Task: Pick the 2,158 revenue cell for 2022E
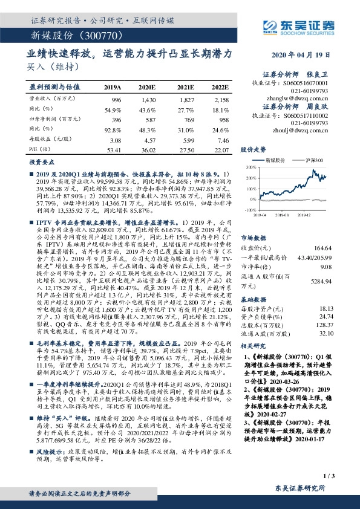[x=222, y=99]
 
